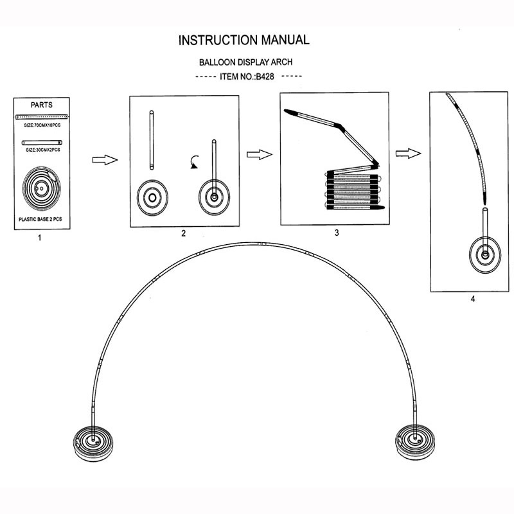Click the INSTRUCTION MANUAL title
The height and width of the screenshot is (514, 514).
point(244,40)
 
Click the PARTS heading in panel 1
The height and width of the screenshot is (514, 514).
point(42,104)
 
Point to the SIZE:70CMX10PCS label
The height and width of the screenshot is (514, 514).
point(42,126)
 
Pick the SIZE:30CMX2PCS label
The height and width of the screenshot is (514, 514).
point(42,150)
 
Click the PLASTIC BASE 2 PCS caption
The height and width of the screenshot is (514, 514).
point(42,219)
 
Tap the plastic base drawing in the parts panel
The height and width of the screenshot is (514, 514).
point(42,186)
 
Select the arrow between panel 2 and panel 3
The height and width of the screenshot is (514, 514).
point(260,155)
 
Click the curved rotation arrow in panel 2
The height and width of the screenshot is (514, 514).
point(194,163)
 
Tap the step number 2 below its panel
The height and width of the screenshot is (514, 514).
point(184,233)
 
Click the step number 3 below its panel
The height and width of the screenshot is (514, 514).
point(336,233)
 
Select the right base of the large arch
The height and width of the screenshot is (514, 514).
point(415,442)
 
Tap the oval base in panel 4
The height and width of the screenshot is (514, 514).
point(485,256)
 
